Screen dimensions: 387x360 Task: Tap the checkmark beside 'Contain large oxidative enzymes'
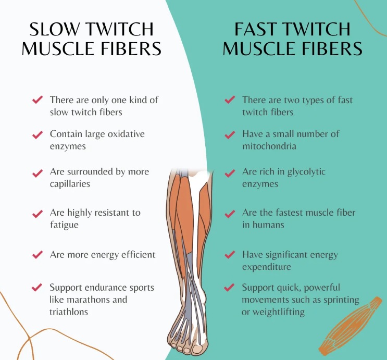[x=38, y=135]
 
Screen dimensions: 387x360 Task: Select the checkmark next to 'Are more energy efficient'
[x=38, y=255]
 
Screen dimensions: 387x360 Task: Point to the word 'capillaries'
[x=70, y=184]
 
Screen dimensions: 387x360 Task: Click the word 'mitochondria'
[x=269, y=146]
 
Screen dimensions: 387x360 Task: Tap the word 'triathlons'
[x=69, y=312]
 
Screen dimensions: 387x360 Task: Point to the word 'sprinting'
[x=341, y=300]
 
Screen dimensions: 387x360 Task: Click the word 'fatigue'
[x=64, y=225]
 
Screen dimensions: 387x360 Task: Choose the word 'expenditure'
[x=267, y=267]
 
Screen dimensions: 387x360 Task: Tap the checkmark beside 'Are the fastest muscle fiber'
[x=230, y=214]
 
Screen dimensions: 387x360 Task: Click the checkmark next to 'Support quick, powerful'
[x=229, y=288]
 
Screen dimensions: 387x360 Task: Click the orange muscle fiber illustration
[x=350, y=326]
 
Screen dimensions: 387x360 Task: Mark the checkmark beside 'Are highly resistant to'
[x=38, y=214]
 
